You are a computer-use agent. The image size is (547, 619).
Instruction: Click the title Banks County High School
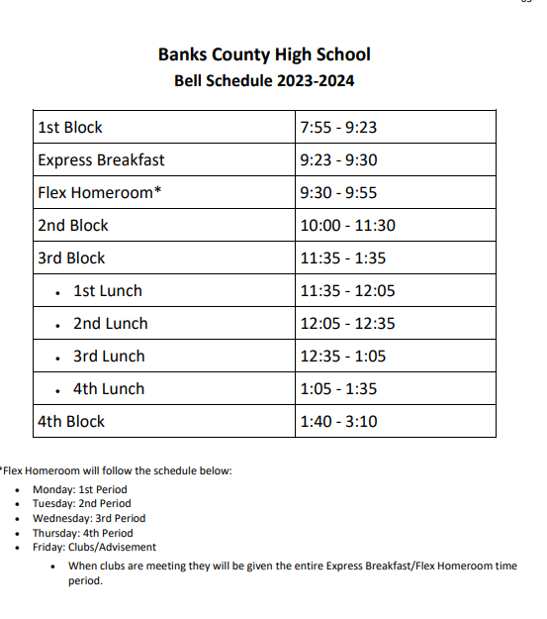click(264, 54)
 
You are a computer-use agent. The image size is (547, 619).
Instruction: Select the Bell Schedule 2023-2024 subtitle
click(264, 81)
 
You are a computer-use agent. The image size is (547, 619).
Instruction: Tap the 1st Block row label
click(70, 128)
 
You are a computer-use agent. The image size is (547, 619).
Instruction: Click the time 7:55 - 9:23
click(338, 128)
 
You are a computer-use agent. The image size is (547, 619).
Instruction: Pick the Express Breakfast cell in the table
click(101, 160)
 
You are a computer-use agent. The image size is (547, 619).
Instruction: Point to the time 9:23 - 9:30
click(338, 160)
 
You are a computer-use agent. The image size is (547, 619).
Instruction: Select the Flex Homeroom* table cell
click(99, 193)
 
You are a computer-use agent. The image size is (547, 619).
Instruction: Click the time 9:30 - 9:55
click(338, 193)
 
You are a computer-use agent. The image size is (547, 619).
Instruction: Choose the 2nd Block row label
click(73, 226)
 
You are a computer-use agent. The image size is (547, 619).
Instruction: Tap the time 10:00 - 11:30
click(347, 226)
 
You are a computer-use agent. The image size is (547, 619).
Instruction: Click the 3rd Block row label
click(71, 258)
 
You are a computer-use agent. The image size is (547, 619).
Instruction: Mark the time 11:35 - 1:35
click(342, 258)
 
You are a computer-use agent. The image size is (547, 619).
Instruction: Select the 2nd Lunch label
click(110, 324)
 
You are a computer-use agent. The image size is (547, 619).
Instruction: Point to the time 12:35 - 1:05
click(342, 357)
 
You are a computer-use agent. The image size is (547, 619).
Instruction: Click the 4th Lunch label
click(109, 389)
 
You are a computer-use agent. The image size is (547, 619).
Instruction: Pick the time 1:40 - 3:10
click(338, 422)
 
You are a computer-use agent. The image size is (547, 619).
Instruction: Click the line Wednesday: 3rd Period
click(89, 518)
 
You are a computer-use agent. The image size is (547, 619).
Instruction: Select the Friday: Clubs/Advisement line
click(94, 547)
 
